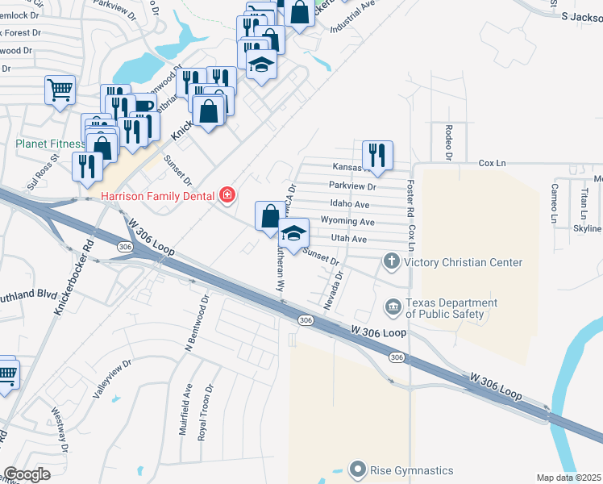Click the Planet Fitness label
pyautogui.click(x=50, y=144)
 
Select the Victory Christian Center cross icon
pyautogui.click(x=392, y=261)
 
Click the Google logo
pyautogui.click(x=27, y=474)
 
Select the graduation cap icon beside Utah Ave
pyautogui.click(x=293, y=233)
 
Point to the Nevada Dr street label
pyautogui.click(x=333, y=290)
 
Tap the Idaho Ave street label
pyautogui.click(x=349, y=205)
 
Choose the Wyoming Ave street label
pyautogui.click(x=347, y=222)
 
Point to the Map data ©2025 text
pyautogui.click(x=568, y=478)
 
